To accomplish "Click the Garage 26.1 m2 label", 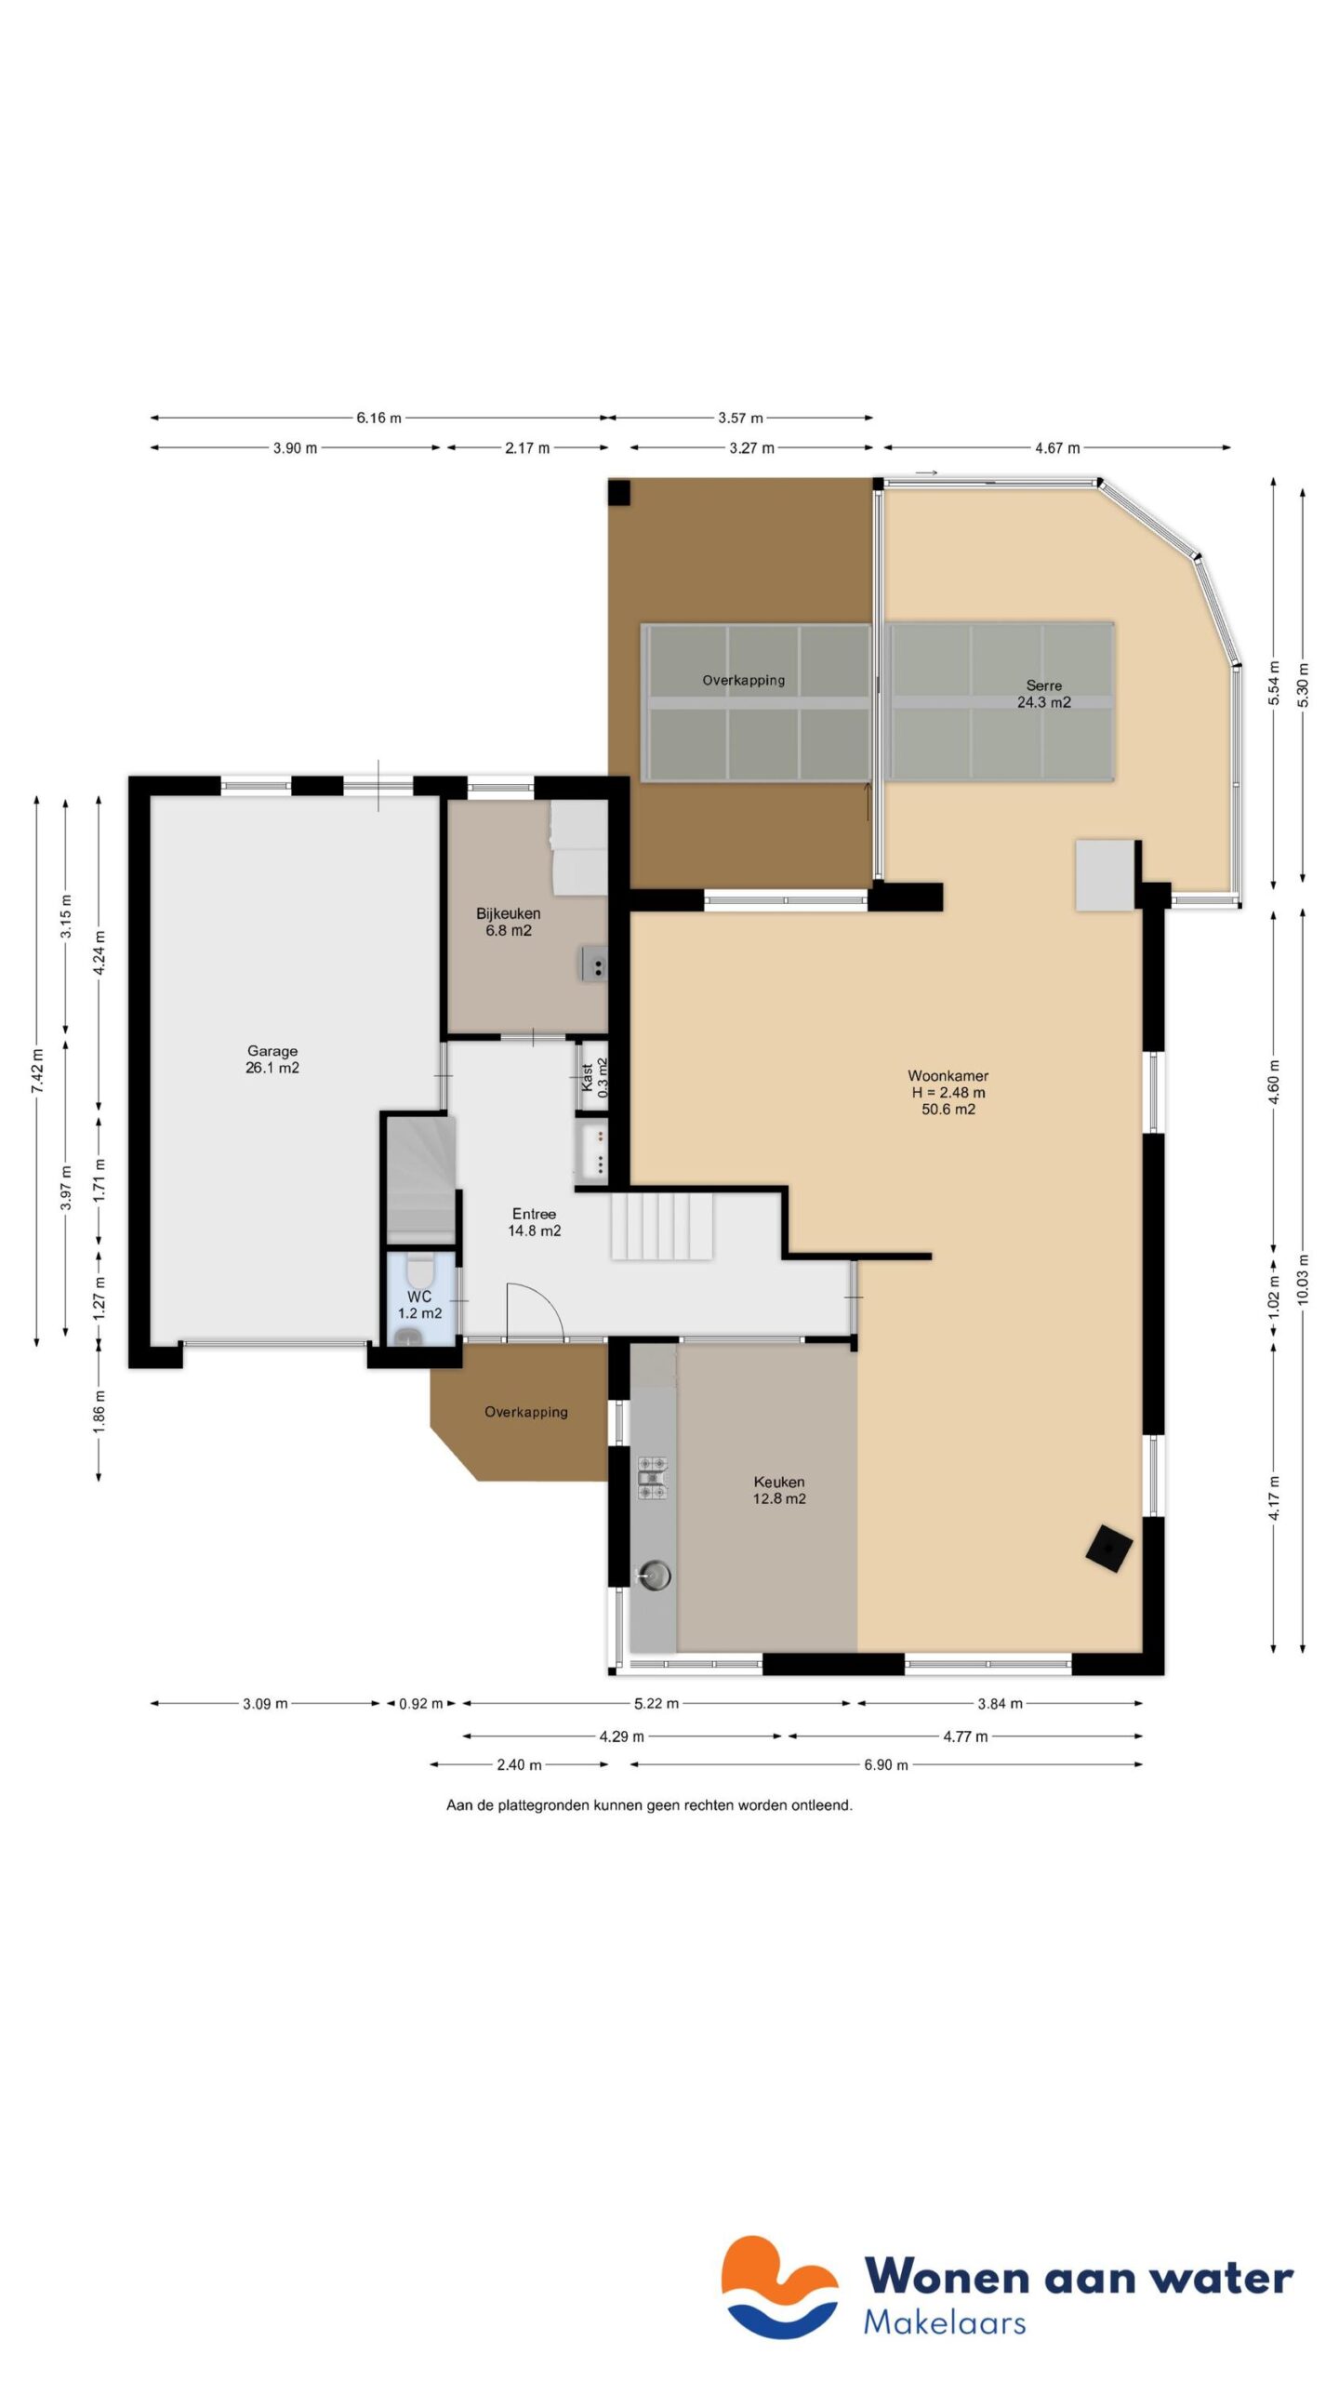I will (272, 1059).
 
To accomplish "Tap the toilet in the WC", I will (419, 1269).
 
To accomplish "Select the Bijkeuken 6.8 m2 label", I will (508, 922).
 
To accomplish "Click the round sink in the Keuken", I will (654, 1575).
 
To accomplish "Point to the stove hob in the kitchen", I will (652, 1477).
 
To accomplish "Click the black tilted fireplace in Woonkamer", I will (1109, 1549).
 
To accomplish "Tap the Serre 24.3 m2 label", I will (1043, 694).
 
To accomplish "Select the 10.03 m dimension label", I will (1303, 1279).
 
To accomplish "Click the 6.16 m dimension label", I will (378, 418).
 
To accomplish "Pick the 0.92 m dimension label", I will (420, 1704).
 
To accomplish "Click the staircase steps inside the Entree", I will (661, 1227).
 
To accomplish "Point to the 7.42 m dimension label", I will (37, 1071).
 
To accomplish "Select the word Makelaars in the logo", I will (944, 2322).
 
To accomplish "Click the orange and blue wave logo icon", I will (779, 2287).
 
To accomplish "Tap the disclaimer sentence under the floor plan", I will (649, 1805).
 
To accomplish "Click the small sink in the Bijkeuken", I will (594, 964).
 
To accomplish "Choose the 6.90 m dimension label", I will (885, 1764).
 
